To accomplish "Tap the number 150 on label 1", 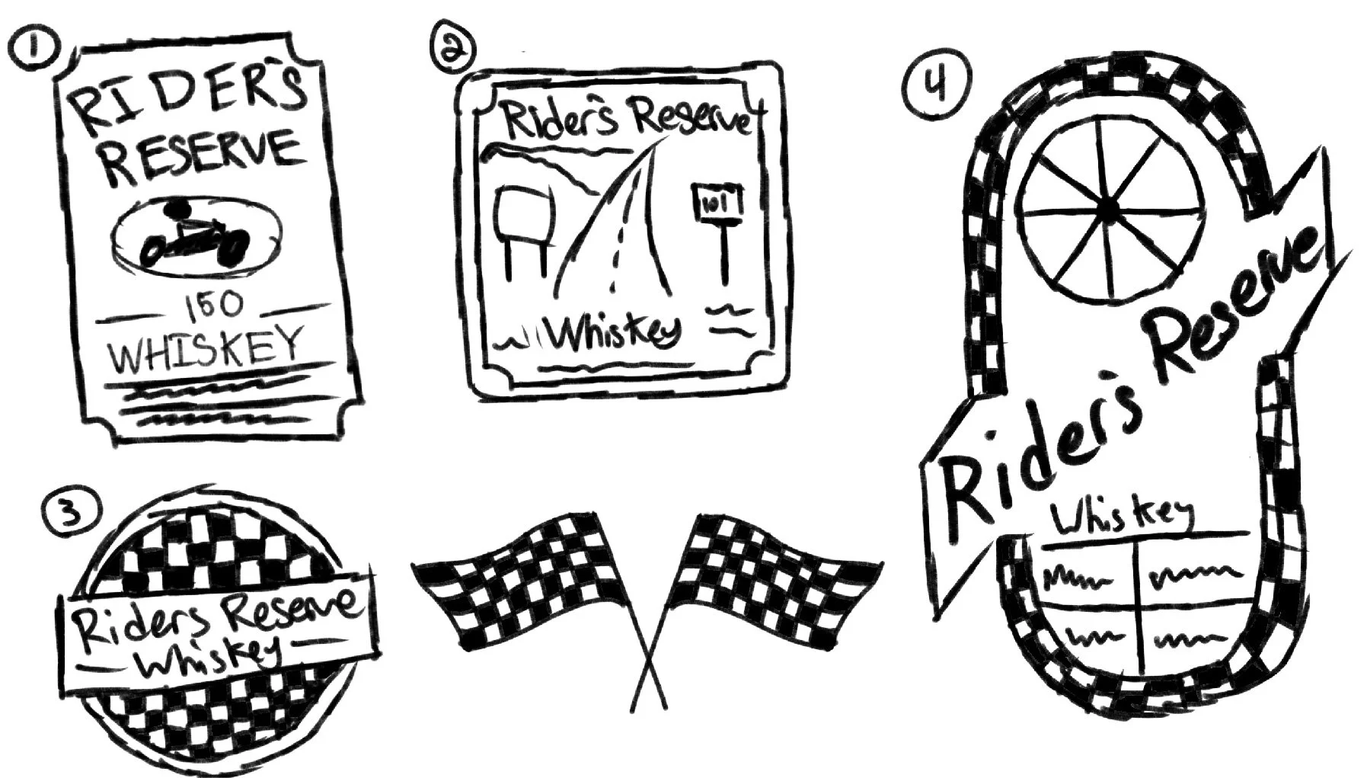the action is tap(213, 307).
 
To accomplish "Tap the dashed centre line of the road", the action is tap(618, 251).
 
